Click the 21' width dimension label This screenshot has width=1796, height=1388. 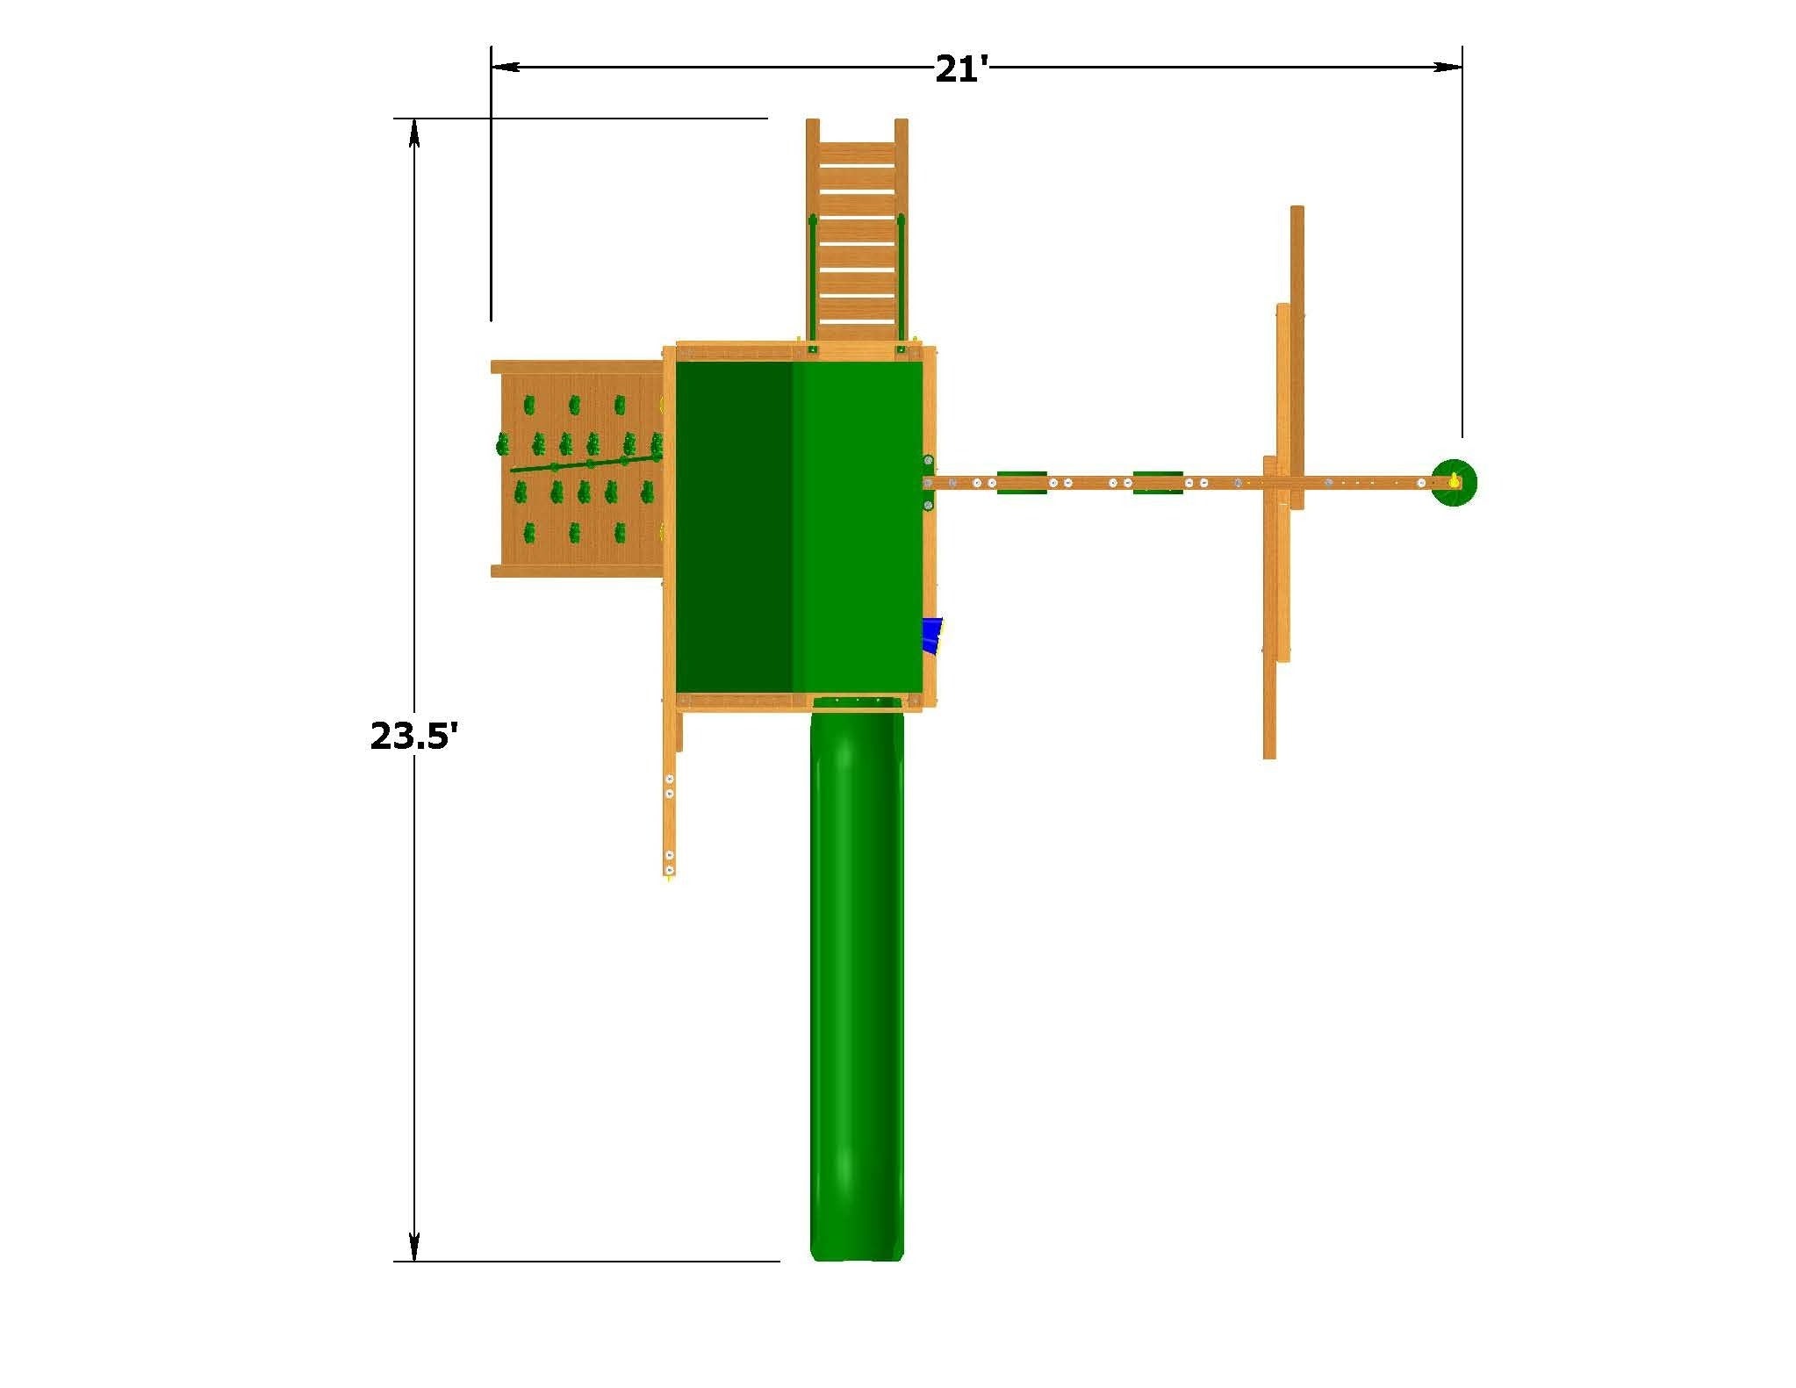(x=962, y=68)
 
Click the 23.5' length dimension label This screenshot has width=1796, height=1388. (x=414, y=736)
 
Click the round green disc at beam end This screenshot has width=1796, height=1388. (x=1454, y=482)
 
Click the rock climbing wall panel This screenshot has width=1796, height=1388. (x=579, y=469)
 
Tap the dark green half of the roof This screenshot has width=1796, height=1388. (x=735, y=528)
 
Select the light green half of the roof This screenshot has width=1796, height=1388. (x=858, y=528)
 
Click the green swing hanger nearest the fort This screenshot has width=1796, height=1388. (x=1022, y=482)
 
